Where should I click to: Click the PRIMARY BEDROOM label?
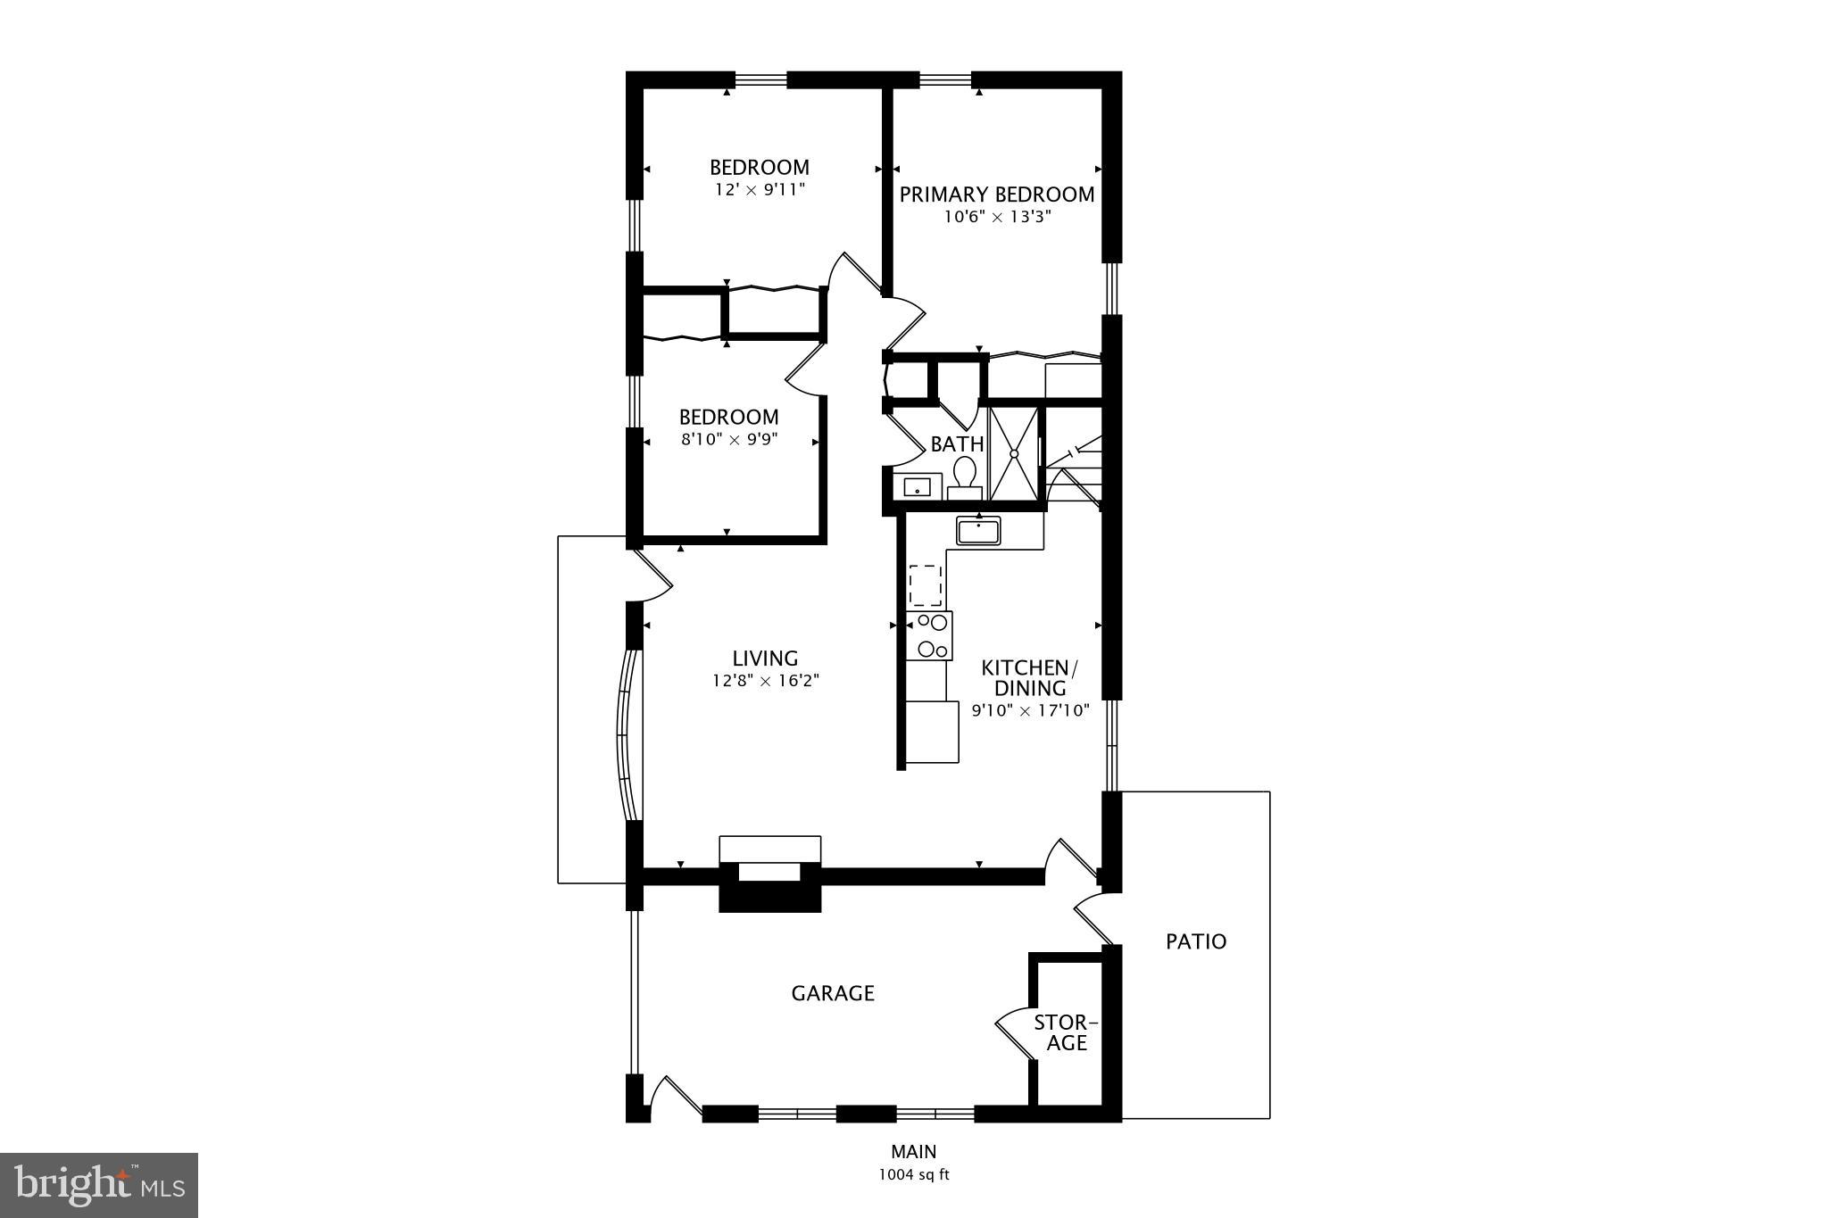coord(996,195)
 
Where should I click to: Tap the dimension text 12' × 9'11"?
coord(759,190)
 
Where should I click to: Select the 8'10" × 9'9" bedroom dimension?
coord(729,439)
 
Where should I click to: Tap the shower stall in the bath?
coord(1015,453)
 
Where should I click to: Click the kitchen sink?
coord(978,531)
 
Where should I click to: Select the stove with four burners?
coord(929,635)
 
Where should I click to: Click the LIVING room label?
coord(765,659)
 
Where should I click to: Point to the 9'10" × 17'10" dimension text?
coord(1030,711)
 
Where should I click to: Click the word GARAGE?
coord(833,993)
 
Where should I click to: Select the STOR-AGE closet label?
coord(1066,1032)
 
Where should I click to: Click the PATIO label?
coord(1196,941)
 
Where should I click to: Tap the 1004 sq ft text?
coord(913,1175)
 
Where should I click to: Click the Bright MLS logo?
coord(99,1185)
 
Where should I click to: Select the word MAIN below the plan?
coord(913,1152)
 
